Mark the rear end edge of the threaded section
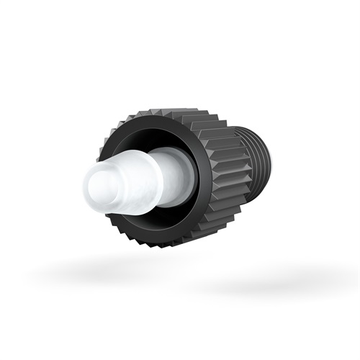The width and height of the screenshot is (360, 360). (269, 162)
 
